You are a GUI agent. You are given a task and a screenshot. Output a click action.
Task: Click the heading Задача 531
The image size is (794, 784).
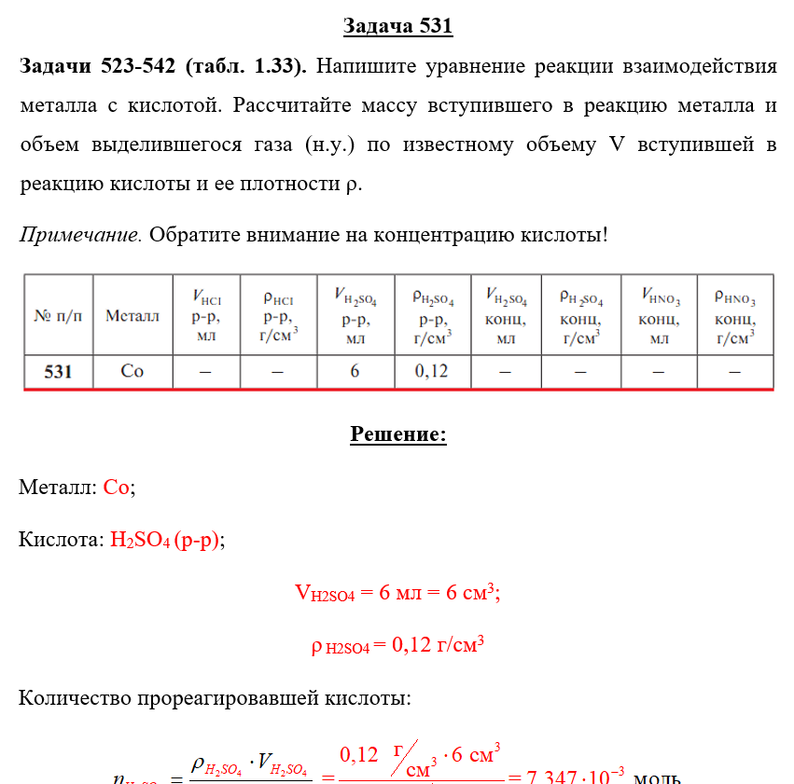(x=397, y=26)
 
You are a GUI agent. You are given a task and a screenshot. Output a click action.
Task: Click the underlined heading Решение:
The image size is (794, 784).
(x=397, y=434)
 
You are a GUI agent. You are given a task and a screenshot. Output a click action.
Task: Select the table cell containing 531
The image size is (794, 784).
(x=58, y=371)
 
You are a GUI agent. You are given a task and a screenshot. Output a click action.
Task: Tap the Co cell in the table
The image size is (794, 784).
(x=132, y=371)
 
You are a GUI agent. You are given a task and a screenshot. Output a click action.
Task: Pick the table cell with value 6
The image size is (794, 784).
(x=355, y=371)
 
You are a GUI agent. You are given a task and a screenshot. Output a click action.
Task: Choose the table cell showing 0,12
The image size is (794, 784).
(x=432, y=371)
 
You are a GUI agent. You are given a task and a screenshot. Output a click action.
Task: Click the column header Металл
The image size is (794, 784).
(x=132, y=316)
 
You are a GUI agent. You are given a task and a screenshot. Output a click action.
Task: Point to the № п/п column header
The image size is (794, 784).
(x=58, y=316)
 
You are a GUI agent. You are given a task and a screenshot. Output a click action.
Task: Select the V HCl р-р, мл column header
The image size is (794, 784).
(x=206, y=315)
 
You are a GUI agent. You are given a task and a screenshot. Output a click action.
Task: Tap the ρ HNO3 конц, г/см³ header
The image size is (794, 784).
(x=735, y=315)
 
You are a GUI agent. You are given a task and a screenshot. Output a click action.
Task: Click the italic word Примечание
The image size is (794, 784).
(x=80, y=233)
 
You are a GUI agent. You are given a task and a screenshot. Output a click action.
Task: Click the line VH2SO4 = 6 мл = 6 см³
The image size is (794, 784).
(x=397, y=593)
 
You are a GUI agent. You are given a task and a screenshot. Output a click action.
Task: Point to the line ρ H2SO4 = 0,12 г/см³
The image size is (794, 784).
(x=397, y=646)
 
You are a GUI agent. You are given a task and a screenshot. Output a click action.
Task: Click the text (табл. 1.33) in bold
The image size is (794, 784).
(x=246, y=67)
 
